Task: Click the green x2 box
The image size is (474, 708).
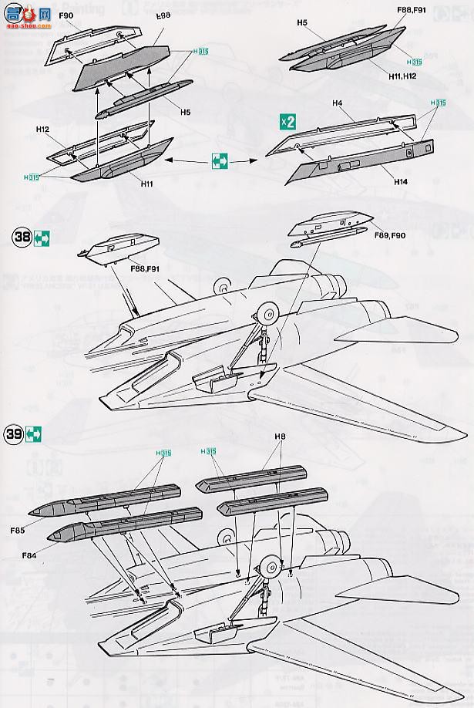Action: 287,122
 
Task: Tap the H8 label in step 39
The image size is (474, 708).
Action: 279,437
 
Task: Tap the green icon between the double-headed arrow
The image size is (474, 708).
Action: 220,160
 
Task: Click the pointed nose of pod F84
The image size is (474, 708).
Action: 50,534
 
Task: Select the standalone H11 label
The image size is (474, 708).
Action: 146,184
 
